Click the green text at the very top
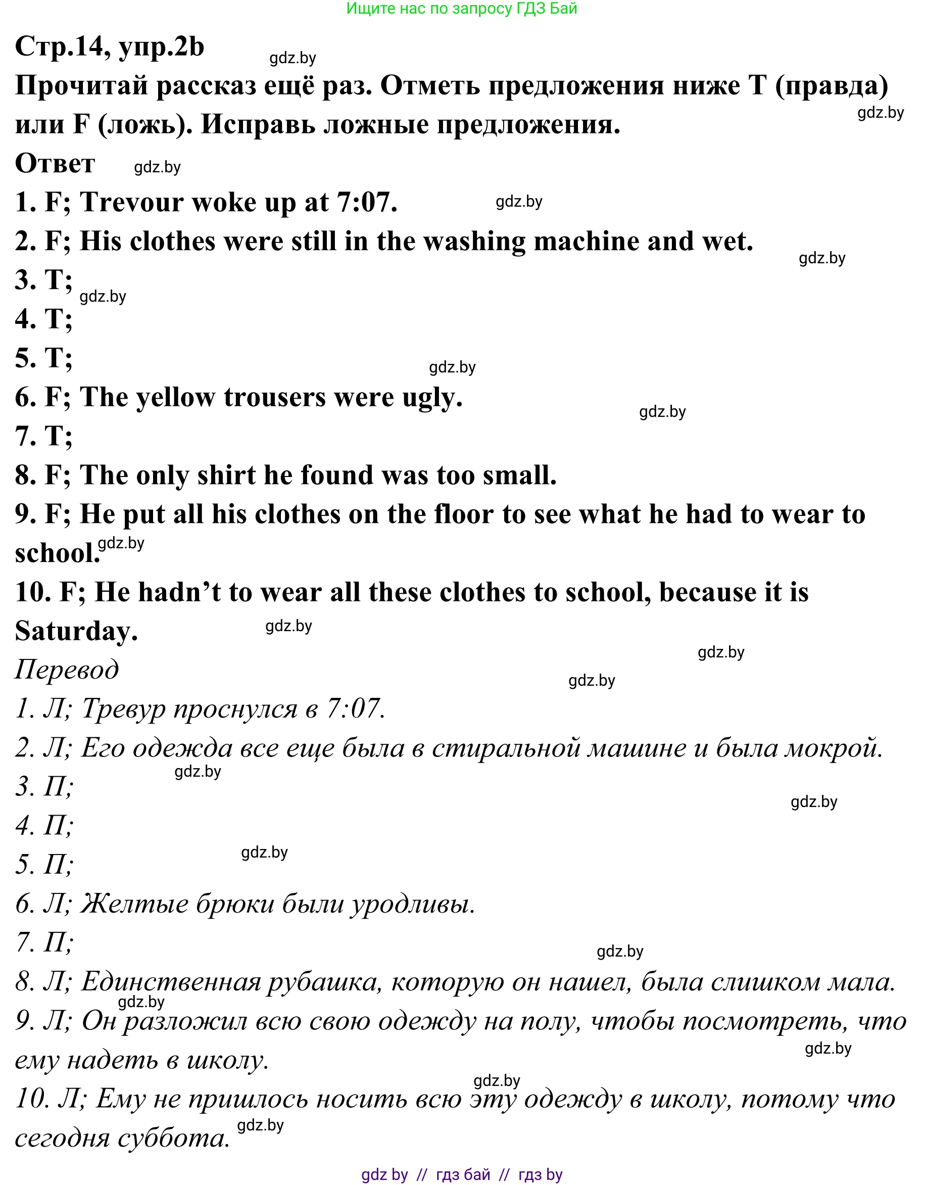pyautogui.click(x=461, y=9)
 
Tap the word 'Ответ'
pyautogui.click(x=55, y=163)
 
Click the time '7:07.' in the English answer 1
pyautogui.click(x=367, y=202)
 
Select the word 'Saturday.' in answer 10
pyautogui.click(x=76, y=632)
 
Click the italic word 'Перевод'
pyautogui.click(x=67, y=670)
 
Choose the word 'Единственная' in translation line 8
pyautogui.click(x=171, y=982)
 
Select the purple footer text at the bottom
pyautogui.click(x=462, y=1175)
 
